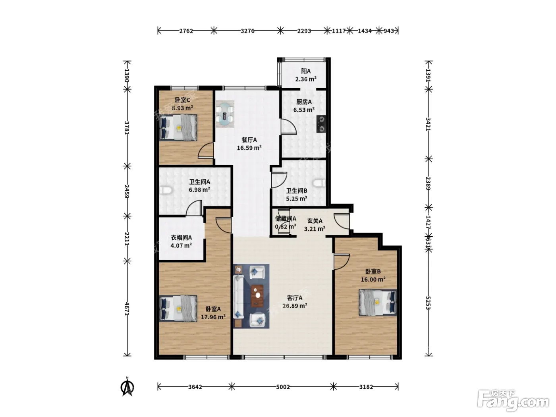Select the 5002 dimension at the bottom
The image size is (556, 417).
click(x=283, y=387)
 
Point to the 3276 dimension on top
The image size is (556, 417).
click(x=247, y=31)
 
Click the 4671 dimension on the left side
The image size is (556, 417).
click(x=127, y=309)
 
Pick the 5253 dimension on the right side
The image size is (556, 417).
click(x=429, y=303)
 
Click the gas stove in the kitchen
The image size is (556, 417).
click(x=321, y=124)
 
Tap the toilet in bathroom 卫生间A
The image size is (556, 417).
click(x=165, y=190)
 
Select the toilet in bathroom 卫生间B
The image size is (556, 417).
click(x=319, y=183)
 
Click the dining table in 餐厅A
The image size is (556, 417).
click(x=225, y=114)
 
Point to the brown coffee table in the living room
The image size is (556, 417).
click(x=257, y=296)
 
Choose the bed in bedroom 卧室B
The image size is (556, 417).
click(x=378, y=303)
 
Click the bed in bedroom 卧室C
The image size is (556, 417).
click(x=178, y=127)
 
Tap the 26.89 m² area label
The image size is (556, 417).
click(x=295, y=306)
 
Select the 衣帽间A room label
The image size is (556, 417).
click(x=181, y=237)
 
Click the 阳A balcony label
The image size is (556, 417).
click(x=306, y=71)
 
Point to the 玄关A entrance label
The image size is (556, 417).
click(x=315, y=221)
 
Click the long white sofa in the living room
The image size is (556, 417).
click(x=238, y=297)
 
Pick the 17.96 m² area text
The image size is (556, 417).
click(x=213, y=317)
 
